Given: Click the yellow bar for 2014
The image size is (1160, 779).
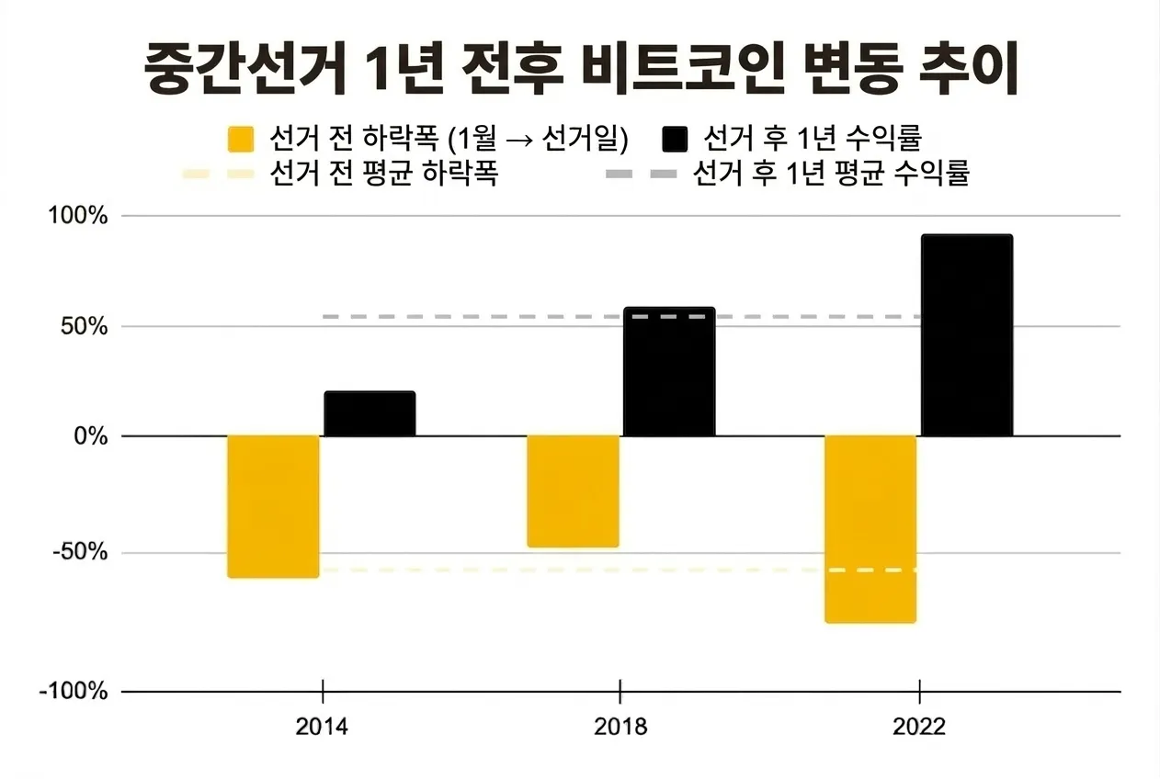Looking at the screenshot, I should pos(273,506).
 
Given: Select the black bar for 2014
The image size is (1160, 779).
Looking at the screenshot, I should pos(370,413).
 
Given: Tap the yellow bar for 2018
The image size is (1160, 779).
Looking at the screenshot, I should pos(573,491).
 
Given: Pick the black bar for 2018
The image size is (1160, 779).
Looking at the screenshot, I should pos(669,372).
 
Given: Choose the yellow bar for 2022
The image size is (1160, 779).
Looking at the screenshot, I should pos(870,529).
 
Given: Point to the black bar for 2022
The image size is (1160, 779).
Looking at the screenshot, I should pos(967,335).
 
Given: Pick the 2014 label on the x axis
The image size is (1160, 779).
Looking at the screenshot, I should pos(323,728).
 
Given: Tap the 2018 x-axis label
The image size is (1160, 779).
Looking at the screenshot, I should pos(620,728).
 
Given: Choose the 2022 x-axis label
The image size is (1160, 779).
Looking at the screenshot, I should pos(919,728).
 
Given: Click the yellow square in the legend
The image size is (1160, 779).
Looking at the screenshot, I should pos(240,140).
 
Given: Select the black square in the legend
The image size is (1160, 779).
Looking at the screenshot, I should pos(674,140).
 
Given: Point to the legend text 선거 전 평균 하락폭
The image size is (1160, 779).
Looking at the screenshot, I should pos(384,174).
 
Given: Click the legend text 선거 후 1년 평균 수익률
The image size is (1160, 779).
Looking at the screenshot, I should pos(832,174).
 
